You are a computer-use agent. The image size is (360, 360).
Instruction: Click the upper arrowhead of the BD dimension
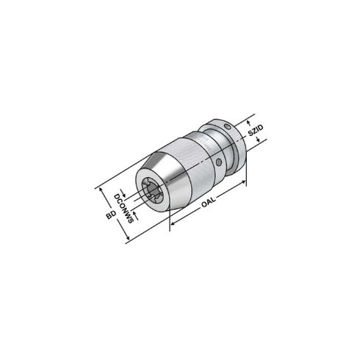click(x=98, y=187)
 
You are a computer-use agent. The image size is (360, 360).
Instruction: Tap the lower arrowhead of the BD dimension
click(x=128, y=240)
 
